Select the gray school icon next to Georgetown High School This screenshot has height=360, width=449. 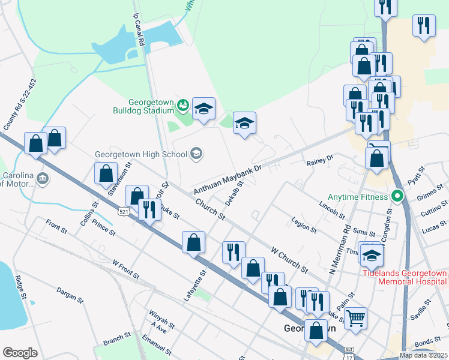click(x=196, y=154)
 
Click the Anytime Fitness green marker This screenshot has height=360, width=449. click(x=396, y=196)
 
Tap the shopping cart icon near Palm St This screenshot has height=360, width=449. click(x=355, y=317)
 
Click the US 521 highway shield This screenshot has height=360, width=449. click(x=124, y=212)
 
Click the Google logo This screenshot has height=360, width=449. click(x=20, y=352)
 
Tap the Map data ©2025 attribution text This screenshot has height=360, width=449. click(x=423, y=355)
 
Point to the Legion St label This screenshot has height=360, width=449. click(x=303, y=226)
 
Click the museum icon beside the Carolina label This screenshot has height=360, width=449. click(x=42, y=178)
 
